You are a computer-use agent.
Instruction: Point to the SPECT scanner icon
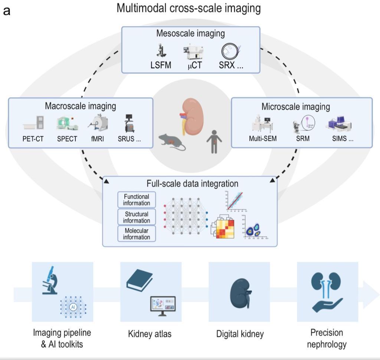[x=67, y=123]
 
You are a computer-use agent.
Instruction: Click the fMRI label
[x=98, y=139]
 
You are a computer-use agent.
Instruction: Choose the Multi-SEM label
[x=263, y=139]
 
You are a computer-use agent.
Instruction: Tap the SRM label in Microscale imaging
[x=303, y=139]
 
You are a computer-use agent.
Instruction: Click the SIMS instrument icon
[x=338, y=125]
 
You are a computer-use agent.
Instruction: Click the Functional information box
[x=137, y=200]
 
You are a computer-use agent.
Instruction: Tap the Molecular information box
[x=137, y=234]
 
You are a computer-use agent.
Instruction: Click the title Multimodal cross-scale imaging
[x=189, y=8]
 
